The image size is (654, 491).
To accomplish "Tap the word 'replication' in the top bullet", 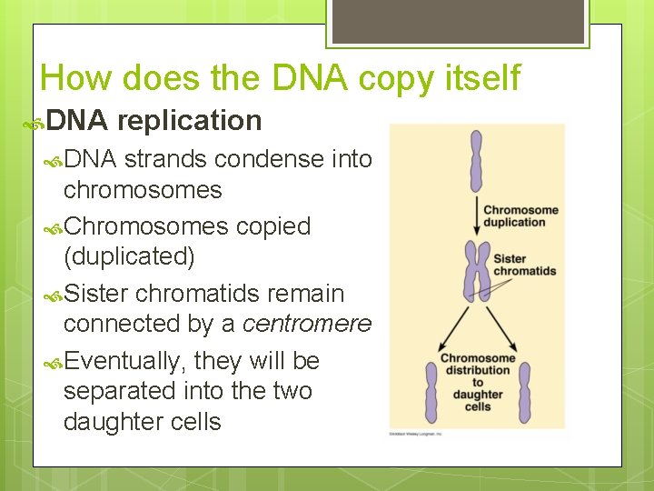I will [x=189, y=120].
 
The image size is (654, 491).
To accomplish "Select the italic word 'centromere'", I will [x=308, y=324].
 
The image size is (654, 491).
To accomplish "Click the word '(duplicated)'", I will [x=129, y=256].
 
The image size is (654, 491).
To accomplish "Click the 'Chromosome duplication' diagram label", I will [x=520, y=216].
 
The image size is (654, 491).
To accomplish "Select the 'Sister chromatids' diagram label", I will [x=524, y=265].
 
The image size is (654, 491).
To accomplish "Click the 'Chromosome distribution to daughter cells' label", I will [x=477, y=382].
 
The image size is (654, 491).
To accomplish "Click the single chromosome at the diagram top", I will [x=475, y=161].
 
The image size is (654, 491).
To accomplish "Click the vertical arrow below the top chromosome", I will [x=475, y=215].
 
